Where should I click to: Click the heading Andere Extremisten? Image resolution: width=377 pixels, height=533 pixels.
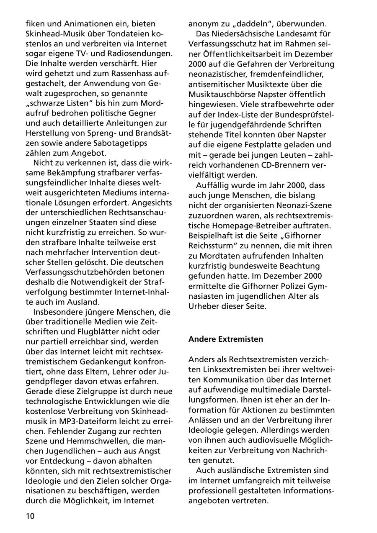coord(226,339)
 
